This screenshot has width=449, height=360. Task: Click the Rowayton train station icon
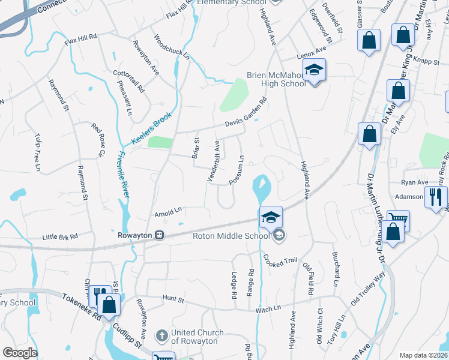160,235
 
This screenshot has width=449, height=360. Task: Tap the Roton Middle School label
231,236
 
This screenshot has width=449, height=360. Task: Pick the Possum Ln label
236,170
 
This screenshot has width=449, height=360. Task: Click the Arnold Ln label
167,211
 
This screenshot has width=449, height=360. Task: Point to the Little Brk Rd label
61,237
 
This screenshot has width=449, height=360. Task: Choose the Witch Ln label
268,308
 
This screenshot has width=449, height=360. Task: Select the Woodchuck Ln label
163,47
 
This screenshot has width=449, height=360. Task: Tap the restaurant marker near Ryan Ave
435,197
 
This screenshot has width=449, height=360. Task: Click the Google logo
20,353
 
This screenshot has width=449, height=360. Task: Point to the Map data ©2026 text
423,355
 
